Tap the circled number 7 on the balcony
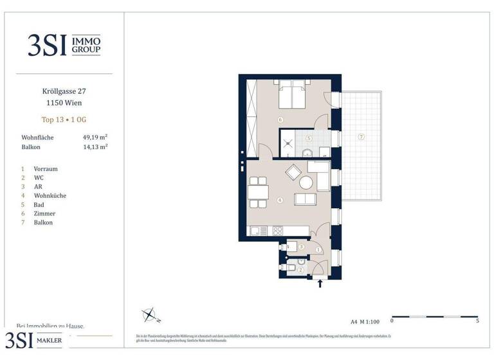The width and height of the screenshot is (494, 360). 361,137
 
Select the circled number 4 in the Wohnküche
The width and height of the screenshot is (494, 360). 279,200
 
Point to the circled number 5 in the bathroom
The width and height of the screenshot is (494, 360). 309,138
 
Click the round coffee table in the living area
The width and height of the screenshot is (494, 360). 306,183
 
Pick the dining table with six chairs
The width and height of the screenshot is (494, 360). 258,192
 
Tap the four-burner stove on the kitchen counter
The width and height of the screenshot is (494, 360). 279,230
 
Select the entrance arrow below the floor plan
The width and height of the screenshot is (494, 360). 320,283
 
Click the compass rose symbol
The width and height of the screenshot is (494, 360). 149,315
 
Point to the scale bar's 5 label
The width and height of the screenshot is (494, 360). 477,320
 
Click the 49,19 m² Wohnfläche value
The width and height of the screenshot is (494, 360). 95,138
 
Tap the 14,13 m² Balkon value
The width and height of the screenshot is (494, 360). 95,147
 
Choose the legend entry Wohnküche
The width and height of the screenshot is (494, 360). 50,195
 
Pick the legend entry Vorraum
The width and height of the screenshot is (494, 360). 46,169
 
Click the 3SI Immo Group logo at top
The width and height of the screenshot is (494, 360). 64,45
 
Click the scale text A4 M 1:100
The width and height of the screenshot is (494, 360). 365,320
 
